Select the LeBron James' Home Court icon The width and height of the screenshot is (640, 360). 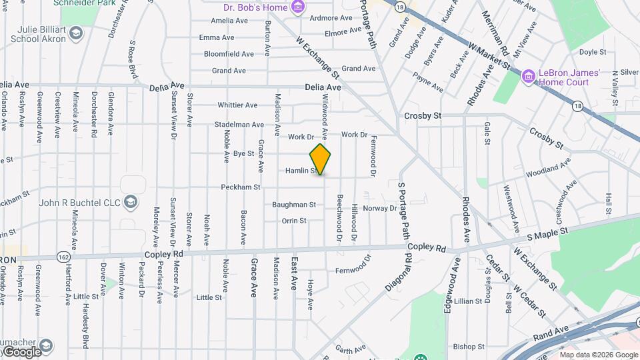pos(529,77)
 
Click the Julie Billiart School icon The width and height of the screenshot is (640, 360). pos(77,33)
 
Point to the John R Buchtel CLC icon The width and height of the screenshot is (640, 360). pos(131,202)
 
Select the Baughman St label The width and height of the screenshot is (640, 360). pos(294,204)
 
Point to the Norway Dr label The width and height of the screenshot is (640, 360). pos(380,208)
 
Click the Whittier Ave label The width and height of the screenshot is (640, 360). pos(237,105)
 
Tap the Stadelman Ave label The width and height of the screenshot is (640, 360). pos(239,125)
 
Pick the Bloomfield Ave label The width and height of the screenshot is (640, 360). pos(229,54)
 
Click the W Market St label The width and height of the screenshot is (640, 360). pos(489,57)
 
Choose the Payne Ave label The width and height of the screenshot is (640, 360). pos(428,83)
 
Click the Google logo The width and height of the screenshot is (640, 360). pos(21,352)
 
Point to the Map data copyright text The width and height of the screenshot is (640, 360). pos(599,355)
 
